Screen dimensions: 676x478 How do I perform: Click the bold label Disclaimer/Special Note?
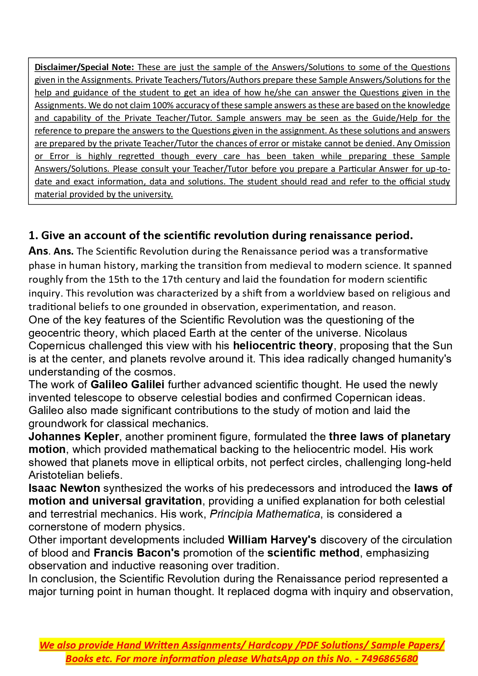[x=84, y=67]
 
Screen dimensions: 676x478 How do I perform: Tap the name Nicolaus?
[x=386, y=333]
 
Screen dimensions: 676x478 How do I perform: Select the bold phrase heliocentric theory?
[x=283, y=346]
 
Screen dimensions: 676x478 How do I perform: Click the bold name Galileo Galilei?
[x=127, y=384]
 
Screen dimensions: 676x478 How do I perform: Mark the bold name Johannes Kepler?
[x=74, y=436]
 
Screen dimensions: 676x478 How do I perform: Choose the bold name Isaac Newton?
[x=64, y=488]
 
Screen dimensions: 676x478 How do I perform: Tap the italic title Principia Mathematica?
[x=265, y=514]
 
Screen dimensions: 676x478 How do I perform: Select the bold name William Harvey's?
[x=272, y=540]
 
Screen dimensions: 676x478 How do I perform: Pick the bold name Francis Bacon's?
[x=136, y=553]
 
